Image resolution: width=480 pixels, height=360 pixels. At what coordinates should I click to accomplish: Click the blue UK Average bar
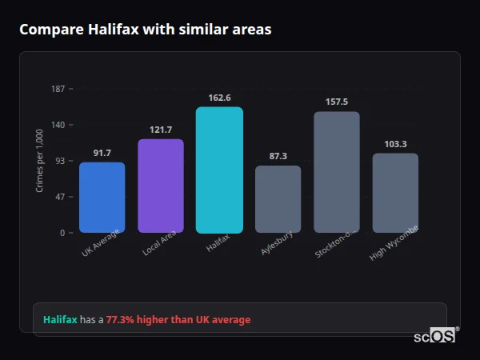click(102, 198)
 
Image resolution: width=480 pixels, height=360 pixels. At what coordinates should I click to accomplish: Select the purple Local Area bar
click(161, 186)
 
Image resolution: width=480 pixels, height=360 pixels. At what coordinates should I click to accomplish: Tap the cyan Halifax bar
click(219, 170)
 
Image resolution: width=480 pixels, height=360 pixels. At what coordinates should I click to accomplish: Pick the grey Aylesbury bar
click(278, 199)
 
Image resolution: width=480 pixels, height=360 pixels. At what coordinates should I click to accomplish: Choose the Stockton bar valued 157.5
click(337, 172)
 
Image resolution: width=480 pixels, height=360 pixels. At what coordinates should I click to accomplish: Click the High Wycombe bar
click(395, 193)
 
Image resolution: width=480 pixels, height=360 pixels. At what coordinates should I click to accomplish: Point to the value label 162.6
click(219, 98)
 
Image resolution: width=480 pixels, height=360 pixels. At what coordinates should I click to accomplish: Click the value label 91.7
click(102, 153)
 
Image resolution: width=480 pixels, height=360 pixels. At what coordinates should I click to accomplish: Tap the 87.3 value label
click(278, 156)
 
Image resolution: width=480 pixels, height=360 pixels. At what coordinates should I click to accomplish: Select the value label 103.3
click(395, 144)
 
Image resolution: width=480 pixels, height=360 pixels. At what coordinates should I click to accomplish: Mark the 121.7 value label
click(161, 130)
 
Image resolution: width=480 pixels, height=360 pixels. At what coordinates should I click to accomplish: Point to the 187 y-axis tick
click(58, 89)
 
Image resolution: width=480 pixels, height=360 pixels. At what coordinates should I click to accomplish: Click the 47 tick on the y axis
click(60, 197)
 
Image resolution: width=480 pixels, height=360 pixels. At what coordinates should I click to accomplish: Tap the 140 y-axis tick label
click(58, 125)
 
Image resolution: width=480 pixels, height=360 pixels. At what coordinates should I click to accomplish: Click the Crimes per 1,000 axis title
click(40, 161)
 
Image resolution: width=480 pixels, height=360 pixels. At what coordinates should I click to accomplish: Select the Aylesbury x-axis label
click(277, 243)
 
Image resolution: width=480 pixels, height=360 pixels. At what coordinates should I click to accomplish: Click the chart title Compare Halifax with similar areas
click(145, 30)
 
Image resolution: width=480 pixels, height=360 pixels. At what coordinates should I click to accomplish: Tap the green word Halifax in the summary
click(60, 320)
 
